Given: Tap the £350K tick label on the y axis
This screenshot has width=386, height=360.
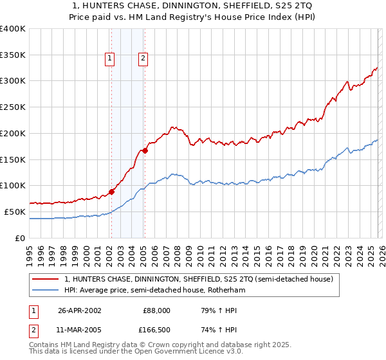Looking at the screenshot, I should click(13, 55).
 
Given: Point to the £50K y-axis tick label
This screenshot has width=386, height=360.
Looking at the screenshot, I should click(15, 212).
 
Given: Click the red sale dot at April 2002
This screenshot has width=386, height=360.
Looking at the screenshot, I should click(112, 191).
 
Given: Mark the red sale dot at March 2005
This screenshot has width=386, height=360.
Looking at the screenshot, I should click(145, 150).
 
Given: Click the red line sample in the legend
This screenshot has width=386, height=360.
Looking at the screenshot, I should click(46, 280).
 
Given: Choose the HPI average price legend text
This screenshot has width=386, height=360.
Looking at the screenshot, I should click(154, 290).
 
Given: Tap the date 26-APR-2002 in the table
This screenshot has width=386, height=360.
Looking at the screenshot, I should click(79, 310).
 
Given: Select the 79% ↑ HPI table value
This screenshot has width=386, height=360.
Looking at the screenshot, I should click(210, 310).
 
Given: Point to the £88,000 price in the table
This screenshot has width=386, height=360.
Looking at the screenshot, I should click(156, 310).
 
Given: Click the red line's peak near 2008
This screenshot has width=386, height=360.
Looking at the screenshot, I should click(172, 127).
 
